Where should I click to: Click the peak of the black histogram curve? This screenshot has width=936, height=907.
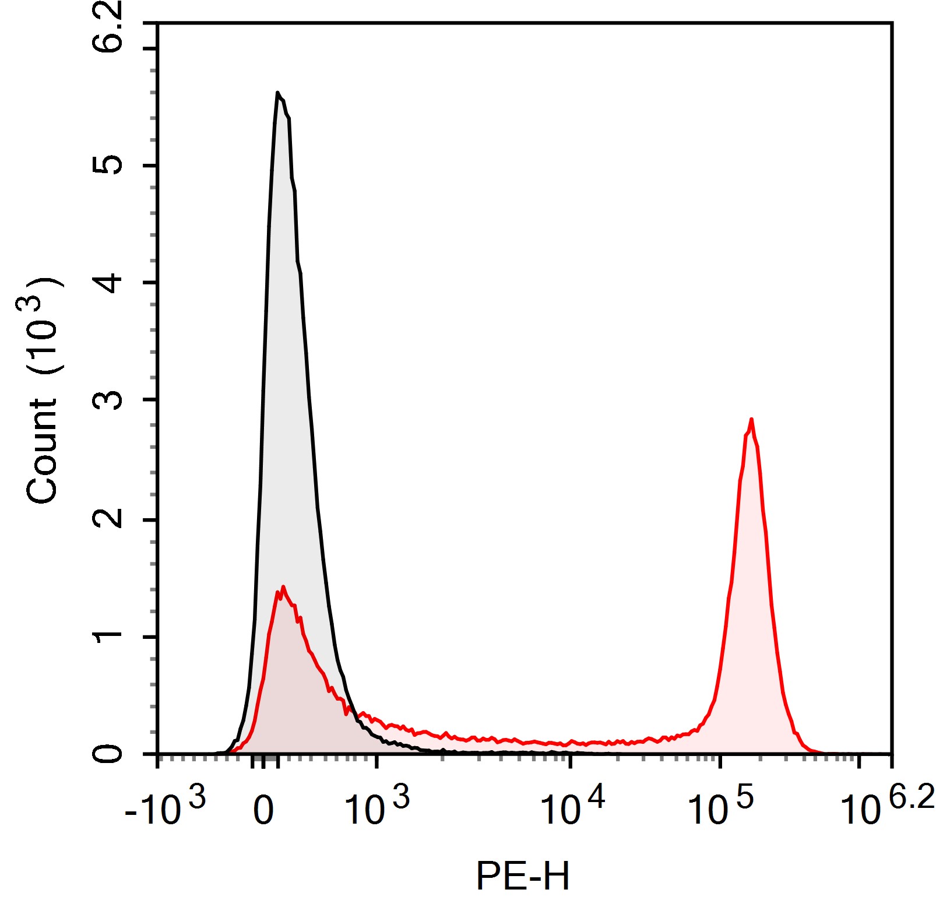(278, 93)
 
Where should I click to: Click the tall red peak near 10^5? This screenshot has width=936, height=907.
(751, 420)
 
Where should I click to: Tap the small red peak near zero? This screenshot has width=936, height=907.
(283, 588)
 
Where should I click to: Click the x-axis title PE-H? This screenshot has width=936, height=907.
(522, 876)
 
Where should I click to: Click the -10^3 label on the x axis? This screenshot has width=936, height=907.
(165, 807)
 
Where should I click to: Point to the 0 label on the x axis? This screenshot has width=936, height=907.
(263, 811)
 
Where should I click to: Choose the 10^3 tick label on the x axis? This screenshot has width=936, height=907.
(376, 807)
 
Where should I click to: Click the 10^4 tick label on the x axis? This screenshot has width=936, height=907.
(572, 807)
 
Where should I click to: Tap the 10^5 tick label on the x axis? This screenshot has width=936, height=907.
(720, 807)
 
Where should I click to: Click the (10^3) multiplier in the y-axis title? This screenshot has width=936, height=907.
(42, 326)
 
